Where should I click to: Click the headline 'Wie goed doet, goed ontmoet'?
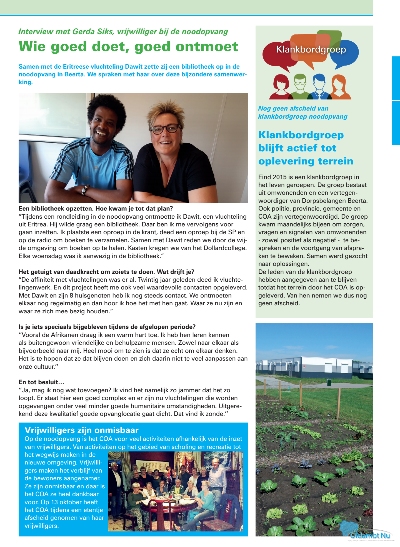pos(128,46)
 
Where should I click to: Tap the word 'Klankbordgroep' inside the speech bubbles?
pos(311,49)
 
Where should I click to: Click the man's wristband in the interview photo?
pos(84,189)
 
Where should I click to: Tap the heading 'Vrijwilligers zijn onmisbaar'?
pos(81,430)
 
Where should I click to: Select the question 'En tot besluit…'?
pos(41,382)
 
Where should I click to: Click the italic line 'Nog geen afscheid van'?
pos(293,108)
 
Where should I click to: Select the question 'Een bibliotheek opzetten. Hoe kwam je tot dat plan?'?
pos(96,208)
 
